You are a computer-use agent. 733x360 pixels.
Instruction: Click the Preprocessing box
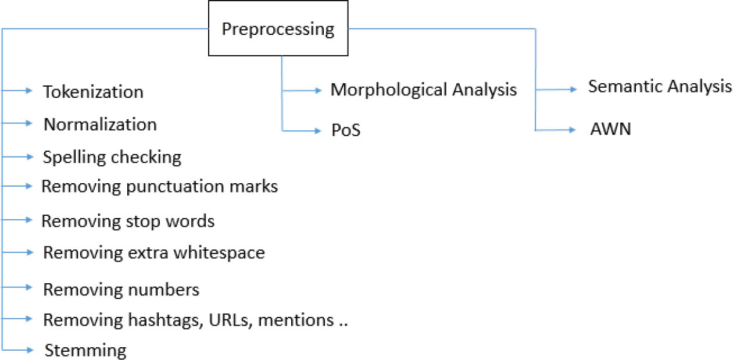[278, 30]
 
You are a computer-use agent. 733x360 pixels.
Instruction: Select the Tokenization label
[93, 92]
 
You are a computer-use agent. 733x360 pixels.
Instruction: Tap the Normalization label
[100, 124]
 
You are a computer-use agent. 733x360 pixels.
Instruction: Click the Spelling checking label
[112, 157]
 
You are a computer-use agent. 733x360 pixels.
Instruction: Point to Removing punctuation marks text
[160, 187]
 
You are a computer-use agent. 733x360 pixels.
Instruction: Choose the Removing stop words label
[128, 221]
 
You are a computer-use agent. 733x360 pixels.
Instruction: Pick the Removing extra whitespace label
[154, 253]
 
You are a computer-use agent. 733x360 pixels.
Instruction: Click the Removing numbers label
[121, 289]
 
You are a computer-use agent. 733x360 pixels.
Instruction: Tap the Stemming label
[85, 351]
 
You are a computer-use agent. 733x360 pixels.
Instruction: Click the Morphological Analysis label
[423, 90]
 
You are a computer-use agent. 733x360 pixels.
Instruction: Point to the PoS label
[346, 131]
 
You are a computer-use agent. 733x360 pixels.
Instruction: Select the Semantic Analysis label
[660, 87]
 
